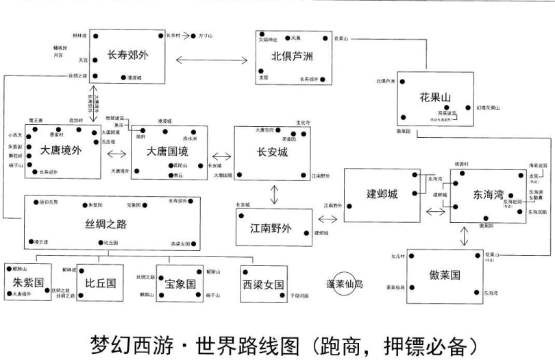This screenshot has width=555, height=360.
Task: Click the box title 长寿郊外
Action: (127, 56)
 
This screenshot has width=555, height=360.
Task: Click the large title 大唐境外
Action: (60, 149)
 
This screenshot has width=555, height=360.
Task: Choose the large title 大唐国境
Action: (168, 151)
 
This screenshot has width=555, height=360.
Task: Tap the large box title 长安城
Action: (272, 152)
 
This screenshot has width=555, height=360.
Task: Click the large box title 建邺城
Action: (382, 194)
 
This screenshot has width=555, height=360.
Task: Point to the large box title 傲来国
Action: (445, 274)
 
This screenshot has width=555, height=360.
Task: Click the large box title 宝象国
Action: (181, 283)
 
